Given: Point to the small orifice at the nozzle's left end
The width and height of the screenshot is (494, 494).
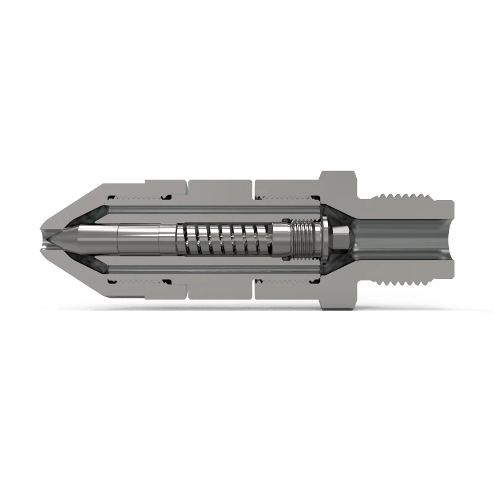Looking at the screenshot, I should (41, 240).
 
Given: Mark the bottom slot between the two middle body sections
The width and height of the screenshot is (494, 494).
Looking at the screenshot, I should (254, 291).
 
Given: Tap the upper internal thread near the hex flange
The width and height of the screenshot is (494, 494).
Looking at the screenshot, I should (287, 198).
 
